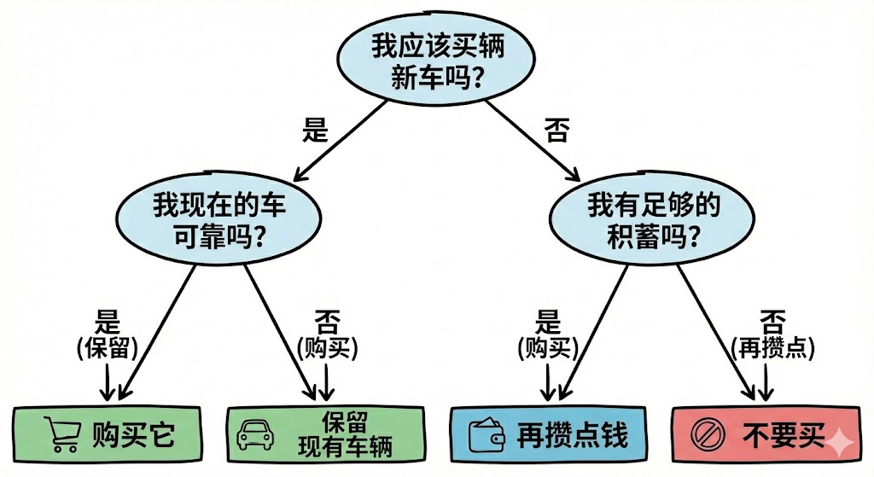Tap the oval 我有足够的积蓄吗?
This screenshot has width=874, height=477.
click(x=653, y=220)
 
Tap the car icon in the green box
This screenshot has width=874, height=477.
click(x=254, y=434)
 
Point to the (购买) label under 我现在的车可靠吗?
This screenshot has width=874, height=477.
click(x=326, y=349)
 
